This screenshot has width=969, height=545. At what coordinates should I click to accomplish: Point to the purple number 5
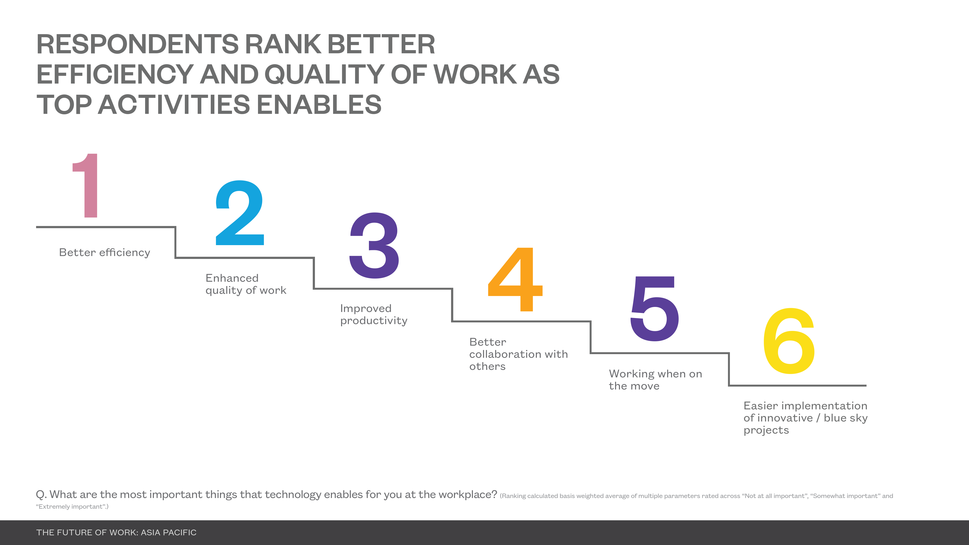(x=655, y=308)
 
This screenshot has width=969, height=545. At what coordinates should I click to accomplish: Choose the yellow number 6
(x=789, y=341)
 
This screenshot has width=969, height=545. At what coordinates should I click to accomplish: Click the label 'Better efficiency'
(x=105, y=252)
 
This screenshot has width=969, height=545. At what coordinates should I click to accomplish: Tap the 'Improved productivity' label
(x=374, y=314)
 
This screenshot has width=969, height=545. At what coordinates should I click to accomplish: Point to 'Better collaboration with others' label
(x=519, y=354)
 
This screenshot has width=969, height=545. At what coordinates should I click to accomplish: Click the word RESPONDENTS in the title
(x=138, y=44)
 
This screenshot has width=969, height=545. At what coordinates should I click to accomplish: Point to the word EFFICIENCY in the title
(x=115, y=74)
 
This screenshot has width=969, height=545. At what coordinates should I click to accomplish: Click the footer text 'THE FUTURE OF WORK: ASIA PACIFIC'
(x=116, y=533)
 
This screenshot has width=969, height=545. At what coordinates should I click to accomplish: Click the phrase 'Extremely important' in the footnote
(x=70, y=507)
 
